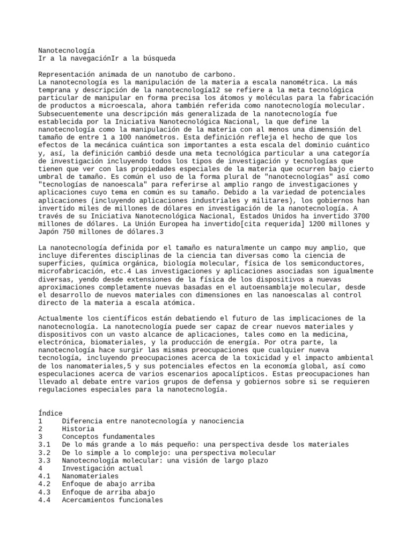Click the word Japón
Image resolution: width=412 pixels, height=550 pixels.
point(49,232)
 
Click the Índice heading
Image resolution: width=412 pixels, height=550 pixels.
point(50,413)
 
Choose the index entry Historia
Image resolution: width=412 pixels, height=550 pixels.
point(78,429)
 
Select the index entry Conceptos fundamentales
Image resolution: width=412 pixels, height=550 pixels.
point(108,437)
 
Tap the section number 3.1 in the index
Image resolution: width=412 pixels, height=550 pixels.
point(45,445)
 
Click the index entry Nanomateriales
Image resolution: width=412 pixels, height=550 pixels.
point(90,476)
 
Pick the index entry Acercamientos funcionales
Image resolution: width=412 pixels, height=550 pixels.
point(112,500)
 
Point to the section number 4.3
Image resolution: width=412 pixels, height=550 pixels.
point(45,492)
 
